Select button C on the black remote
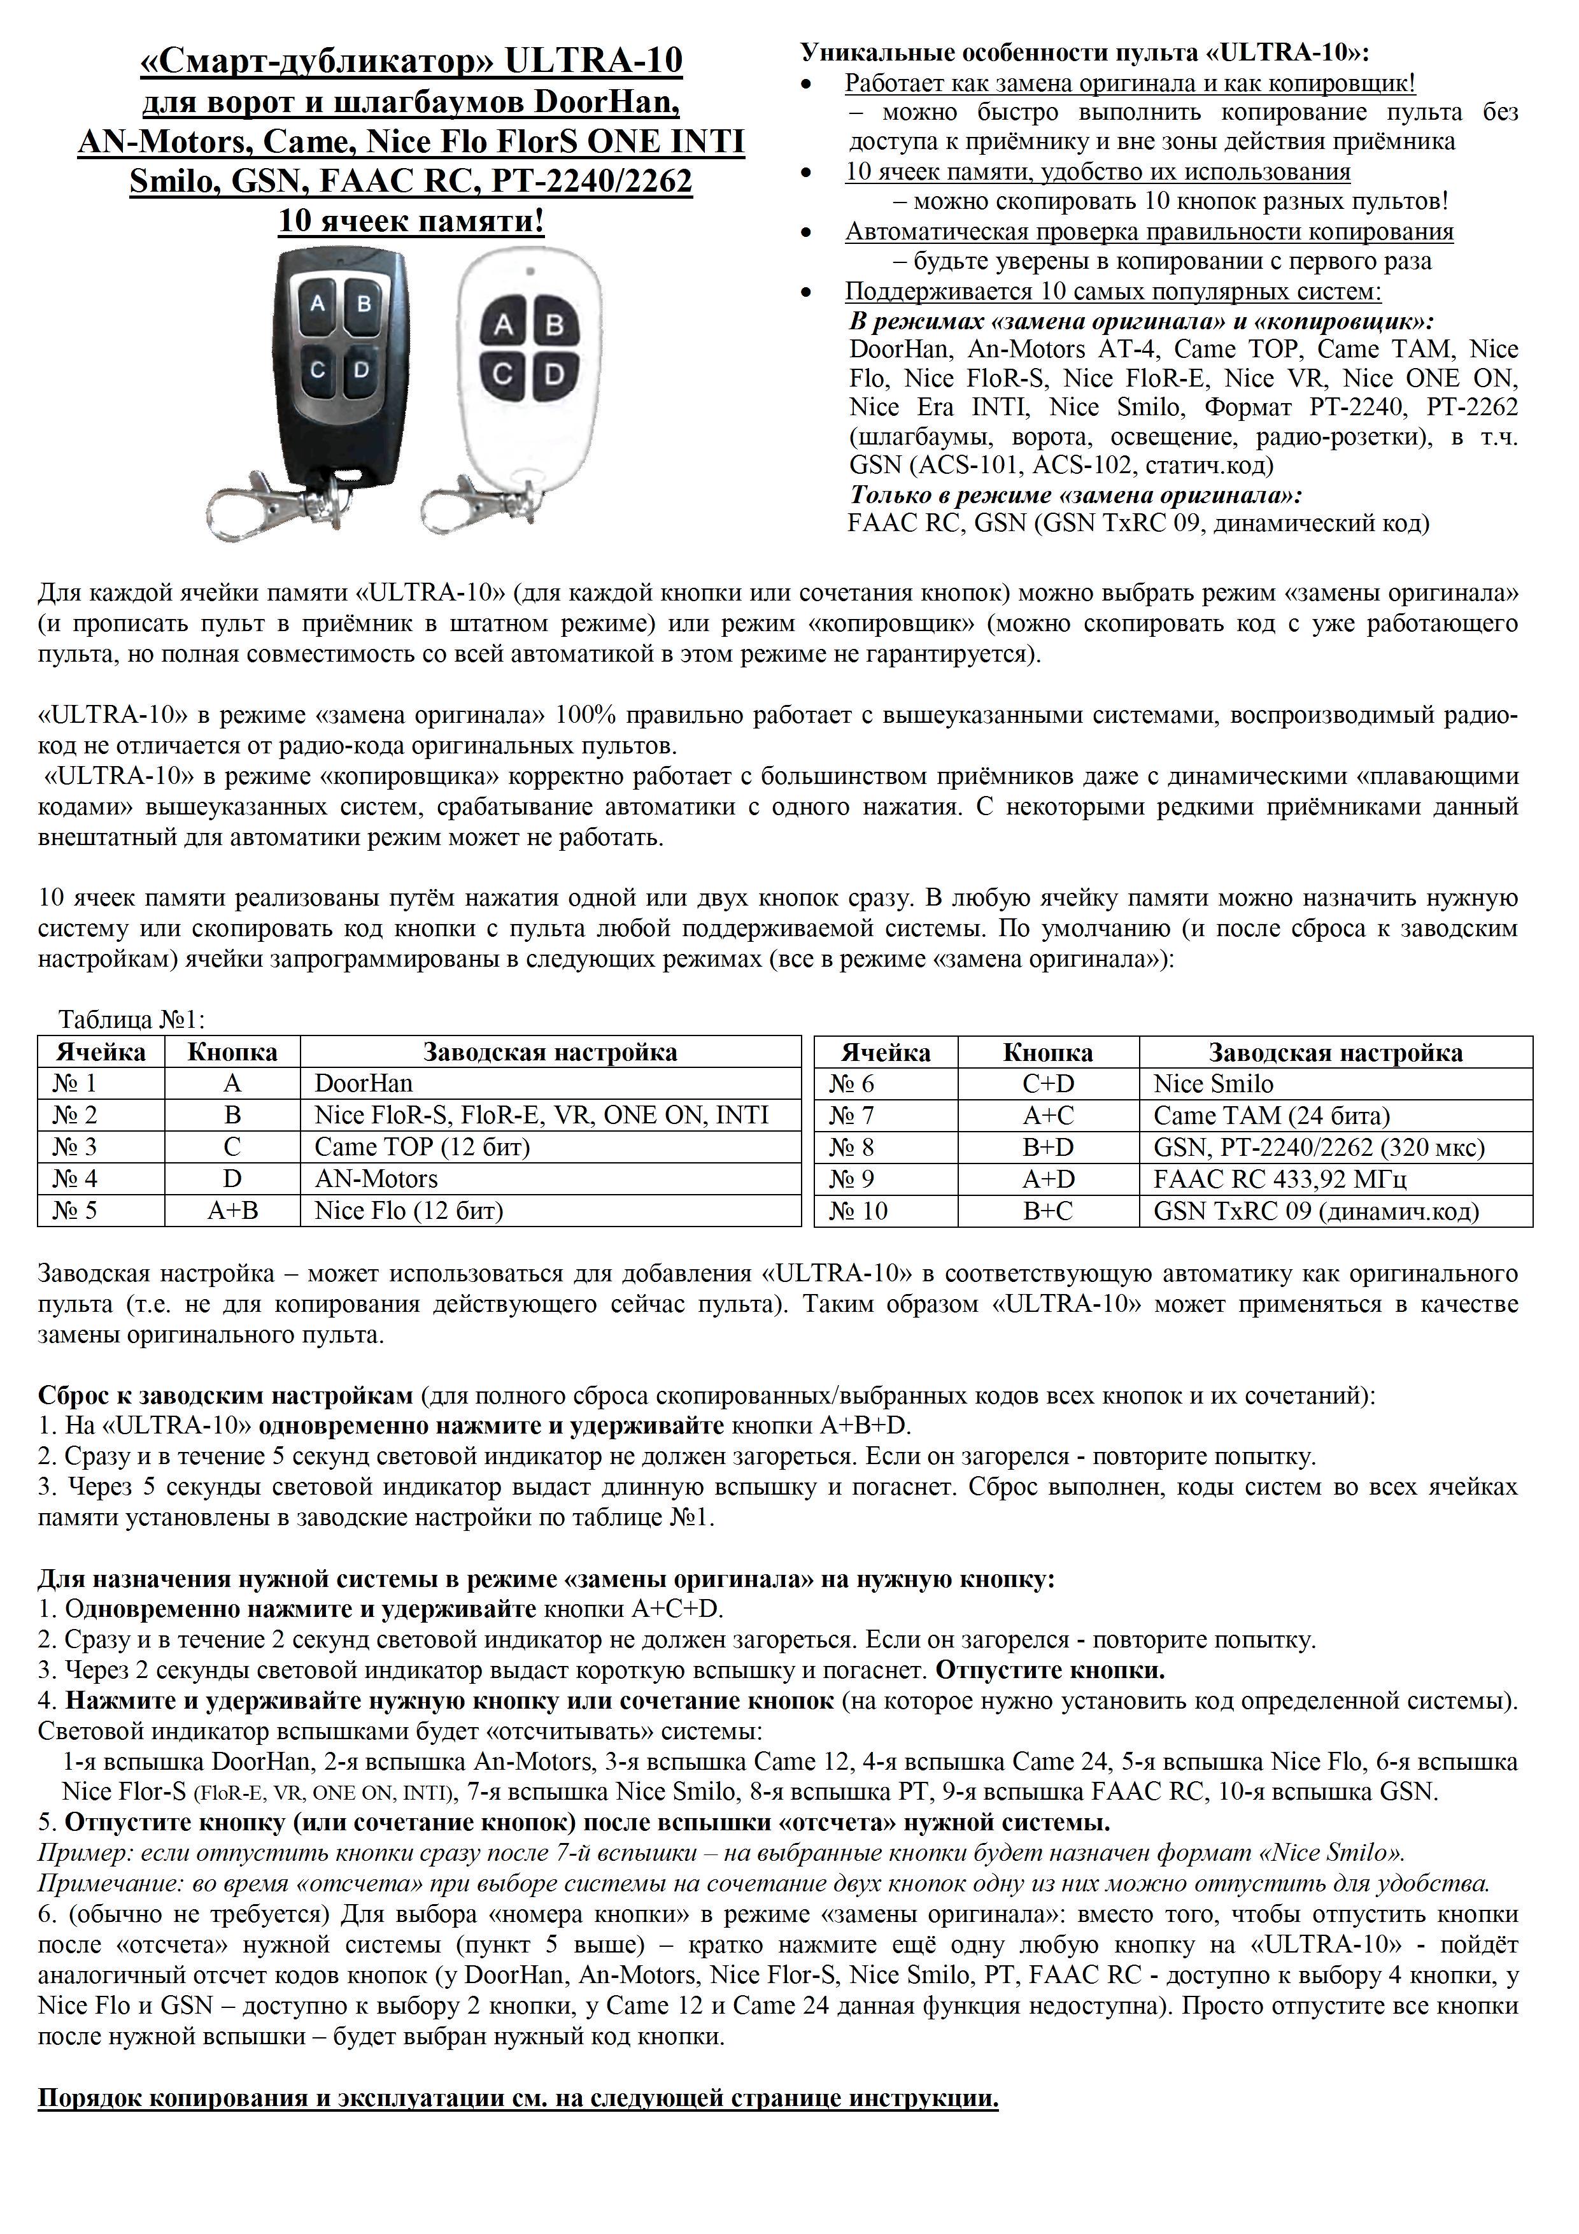(x=318, y=370)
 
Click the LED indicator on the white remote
(x=529, y=271)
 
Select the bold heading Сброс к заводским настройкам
(x=226, y=1395)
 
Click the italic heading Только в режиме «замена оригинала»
(x=1076, y=494)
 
